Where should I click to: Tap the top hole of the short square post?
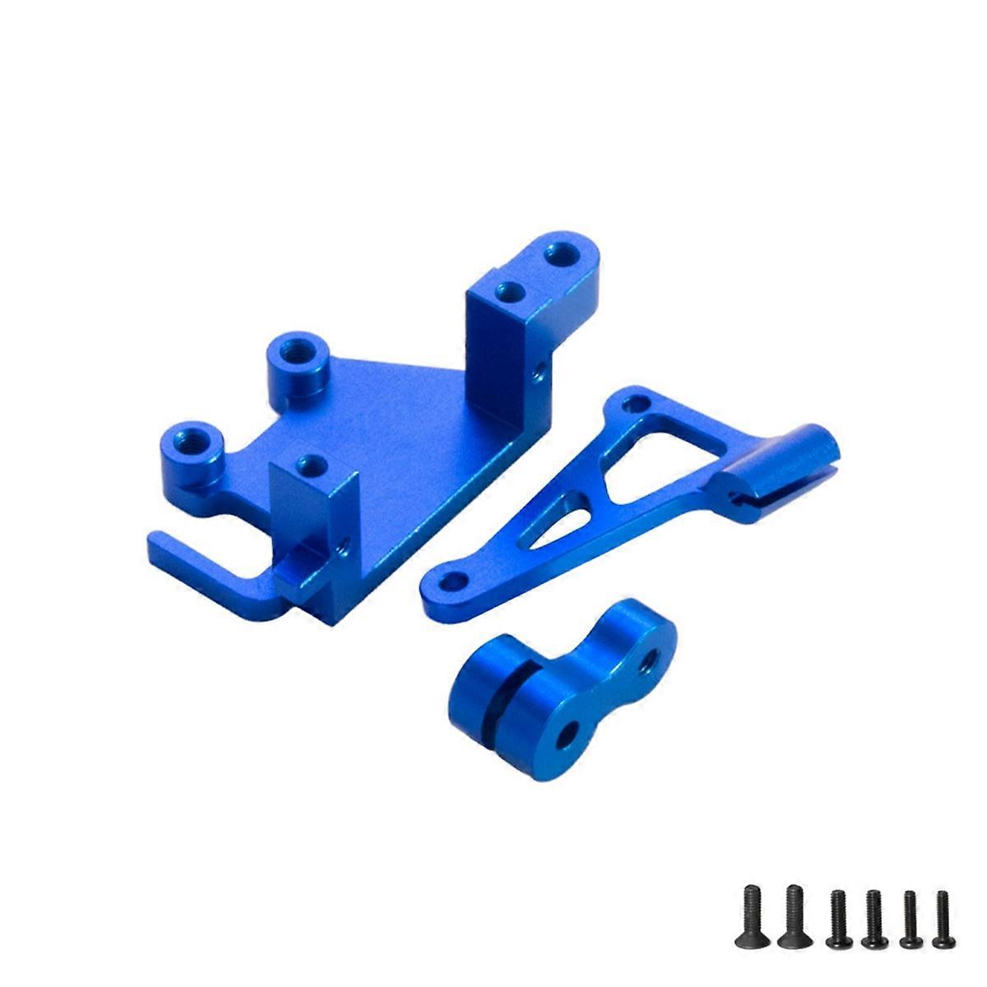[309, 463]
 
